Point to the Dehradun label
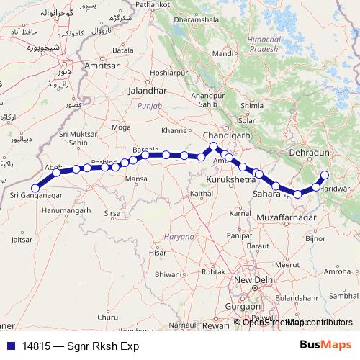(x=308, y=153)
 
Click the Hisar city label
(x=157, y=253)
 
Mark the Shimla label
(x=251, y=105)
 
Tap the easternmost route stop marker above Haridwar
(x=325, y=175)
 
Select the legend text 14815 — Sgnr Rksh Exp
(x=79, y=346)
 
